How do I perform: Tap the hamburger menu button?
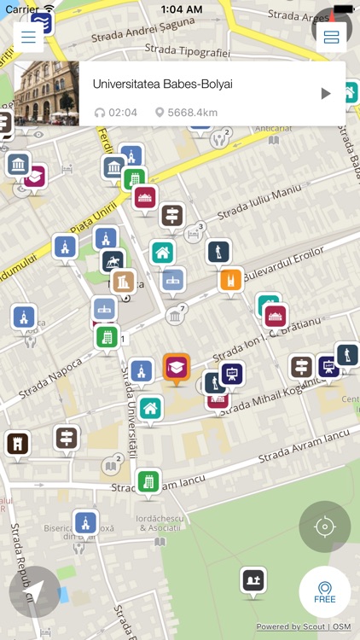pyautogui.click(x=29, y=38)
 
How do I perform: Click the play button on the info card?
pyautogui.click(x=325, y=94)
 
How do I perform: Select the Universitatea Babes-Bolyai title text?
pyautogui.click(x=162, y=84)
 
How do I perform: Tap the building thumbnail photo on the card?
pyautogui.click(x=47, y=94)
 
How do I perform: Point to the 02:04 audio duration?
pyautogui.click(x=117, y=113)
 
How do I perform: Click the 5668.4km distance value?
pyautogui.click(x=186, y=113)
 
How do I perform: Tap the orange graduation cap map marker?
pyautogui.click(x=177, y=368)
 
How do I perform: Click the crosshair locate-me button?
pyautogui.click(x=324, y=527)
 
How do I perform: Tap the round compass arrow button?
pyautogui.click(x=34, y=591)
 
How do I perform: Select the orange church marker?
pyautogui.click(x=230, y=280)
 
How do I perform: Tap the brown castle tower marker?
pyautogui.click(x=17, y=443)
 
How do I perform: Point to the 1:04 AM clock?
pyautogui.click(x=179, y=9)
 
